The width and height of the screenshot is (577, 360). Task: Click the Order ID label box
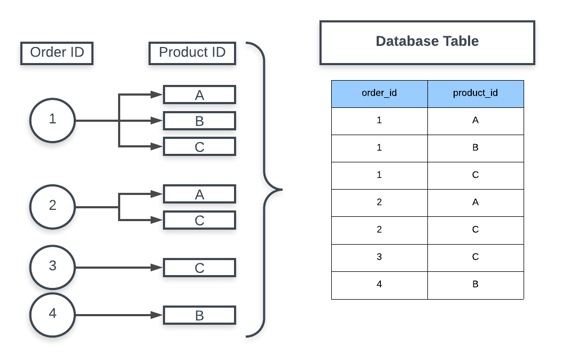coord(56,53)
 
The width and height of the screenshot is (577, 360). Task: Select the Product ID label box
coord(192,53)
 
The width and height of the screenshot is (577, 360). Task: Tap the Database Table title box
coord(427,42)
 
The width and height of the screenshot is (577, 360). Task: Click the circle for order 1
coord(52,120)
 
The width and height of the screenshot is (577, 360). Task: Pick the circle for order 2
coord(52,206)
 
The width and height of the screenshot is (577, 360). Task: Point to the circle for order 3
coord(52,267)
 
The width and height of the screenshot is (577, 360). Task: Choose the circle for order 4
coord(52,315)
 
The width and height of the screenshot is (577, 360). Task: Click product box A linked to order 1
coord(199,95)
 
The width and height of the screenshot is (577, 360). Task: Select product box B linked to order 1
coord(199,121)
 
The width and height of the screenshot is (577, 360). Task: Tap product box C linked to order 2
coord(199,220)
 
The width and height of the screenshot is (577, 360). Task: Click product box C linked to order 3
coord(199,268)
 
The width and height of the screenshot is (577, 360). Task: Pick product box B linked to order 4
coord(199,316)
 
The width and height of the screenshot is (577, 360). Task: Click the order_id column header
coord(379,93)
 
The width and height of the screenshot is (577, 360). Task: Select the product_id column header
coord(475,93)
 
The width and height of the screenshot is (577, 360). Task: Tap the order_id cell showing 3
coord(379,257)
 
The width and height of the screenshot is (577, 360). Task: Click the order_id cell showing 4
coord(379,285)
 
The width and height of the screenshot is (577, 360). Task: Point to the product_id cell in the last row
coord(475,285)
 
